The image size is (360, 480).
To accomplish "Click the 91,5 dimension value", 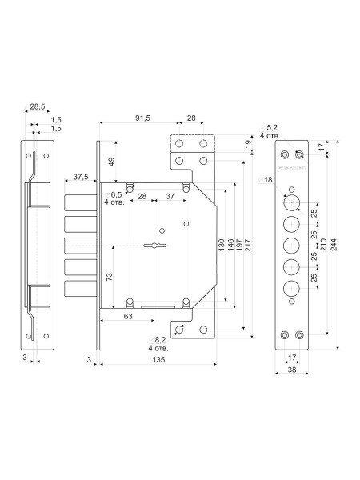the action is coord(143,118).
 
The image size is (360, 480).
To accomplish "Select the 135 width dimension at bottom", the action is coord(158,360).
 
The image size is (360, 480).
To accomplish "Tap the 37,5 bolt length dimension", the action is coord(81,177).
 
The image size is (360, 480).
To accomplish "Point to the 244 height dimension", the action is coord(334,245).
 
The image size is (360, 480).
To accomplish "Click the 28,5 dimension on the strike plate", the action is coord(38,106).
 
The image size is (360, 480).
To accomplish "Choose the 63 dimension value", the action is coord(128,316).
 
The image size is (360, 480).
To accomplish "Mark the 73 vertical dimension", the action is coord(110,277).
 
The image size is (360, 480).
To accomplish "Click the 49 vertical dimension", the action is coord(111,162).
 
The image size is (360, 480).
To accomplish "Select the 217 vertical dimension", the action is coord(248,245).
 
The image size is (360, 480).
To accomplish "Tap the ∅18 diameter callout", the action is coord(265,180).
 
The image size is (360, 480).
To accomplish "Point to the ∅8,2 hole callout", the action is coord(158,344).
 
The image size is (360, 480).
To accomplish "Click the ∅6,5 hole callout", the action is coord(114,198).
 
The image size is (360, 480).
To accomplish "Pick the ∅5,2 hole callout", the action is coord(270,132).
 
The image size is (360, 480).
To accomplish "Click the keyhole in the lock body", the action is coord(156,246).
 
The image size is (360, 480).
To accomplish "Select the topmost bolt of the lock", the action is coord(81,202).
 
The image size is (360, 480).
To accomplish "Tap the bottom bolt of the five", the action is coord(81,289).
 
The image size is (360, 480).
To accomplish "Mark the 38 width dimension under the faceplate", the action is coord(292,370).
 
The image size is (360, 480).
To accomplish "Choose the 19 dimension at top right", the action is coord(248,142).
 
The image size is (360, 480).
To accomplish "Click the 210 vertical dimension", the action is coord(323,244).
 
